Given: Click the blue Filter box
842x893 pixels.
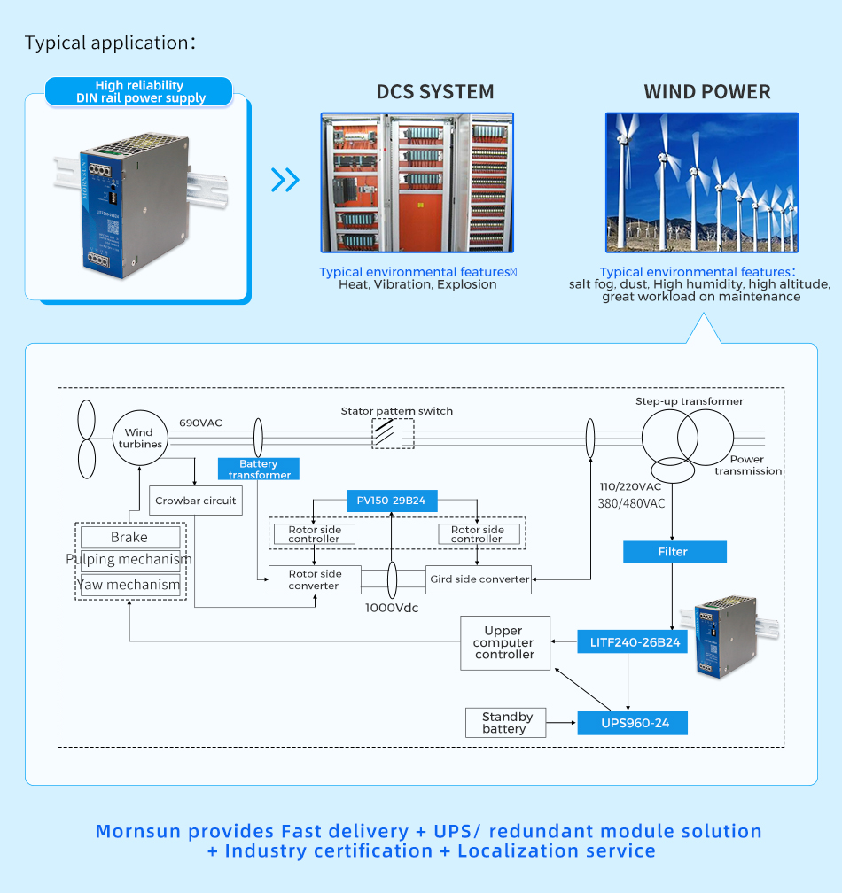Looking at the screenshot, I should click(x=674, y=552).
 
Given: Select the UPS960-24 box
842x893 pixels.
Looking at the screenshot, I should click(x=632, y=723).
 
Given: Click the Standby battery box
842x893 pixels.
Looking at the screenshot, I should click(x=504, y=723).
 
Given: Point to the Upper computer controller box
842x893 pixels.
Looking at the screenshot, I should click(x=504, y=643).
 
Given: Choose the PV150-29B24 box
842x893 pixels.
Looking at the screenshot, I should click(x=391, y=501).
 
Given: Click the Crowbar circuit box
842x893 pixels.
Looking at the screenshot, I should click(x=195, y=501).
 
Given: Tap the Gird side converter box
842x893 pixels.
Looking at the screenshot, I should click(x=479, y=579).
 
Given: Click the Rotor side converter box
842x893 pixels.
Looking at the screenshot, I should click(x=314, y=579).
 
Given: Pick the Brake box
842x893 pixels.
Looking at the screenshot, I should click(x=129, y=537).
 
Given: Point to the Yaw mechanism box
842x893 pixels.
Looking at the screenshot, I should click(x=129, y=584).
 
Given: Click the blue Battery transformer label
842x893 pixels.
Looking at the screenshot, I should click(x=259, y=469).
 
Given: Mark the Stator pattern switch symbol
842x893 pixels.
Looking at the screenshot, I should click(x=393, y=434).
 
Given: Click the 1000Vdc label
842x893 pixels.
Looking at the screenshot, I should click(x=392, y=609).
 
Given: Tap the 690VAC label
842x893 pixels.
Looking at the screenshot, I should click(x=201, y=423).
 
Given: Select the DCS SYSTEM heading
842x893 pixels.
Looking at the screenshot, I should click(x=435, y=92).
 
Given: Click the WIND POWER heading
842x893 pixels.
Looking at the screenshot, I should click(x=707, y=92).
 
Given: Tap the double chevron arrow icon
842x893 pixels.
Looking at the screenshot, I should click(x=285, y=180).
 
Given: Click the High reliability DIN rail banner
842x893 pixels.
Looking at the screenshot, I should click(x=140, y=91).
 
